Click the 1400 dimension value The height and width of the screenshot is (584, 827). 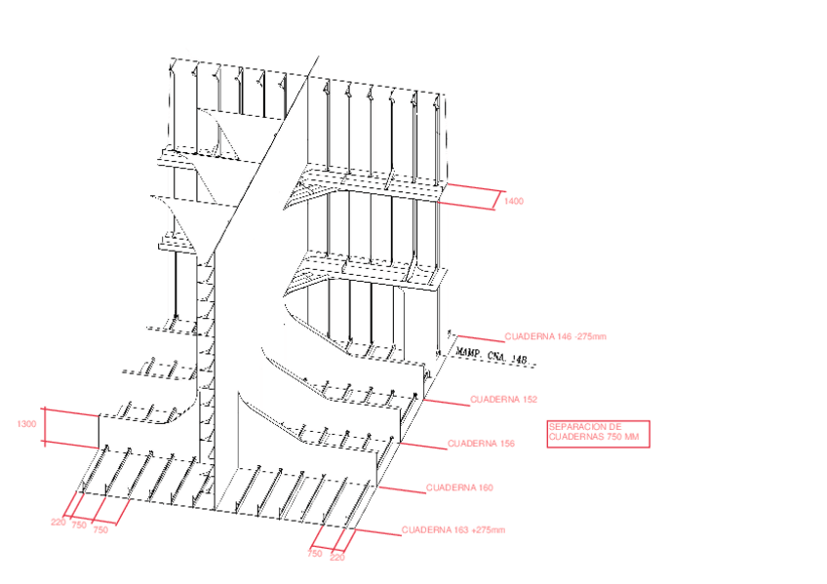point(514,202)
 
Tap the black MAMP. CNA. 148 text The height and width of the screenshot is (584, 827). point(492,358)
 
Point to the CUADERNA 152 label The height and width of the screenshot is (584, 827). point(504,400)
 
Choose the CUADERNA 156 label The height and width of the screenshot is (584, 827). point(481,444)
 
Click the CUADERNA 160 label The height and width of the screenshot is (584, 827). point(459,487)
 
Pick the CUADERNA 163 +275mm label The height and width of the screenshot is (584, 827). point(453,530)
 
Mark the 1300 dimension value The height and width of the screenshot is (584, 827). point(27,424)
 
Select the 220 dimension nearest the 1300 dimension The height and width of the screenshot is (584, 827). point(59,523)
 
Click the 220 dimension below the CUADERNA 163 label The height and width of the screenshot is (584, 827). point(337,558)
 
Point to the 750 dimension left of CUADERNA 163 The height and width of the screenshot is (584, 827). point(315,553)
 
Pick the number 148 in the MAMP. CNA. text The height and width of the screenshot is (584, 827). point(519,361)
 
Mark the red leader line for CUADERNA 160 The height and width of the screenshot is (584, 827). point(400,487)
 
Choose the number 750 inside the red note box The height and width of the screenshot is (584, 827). point(609,437)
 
